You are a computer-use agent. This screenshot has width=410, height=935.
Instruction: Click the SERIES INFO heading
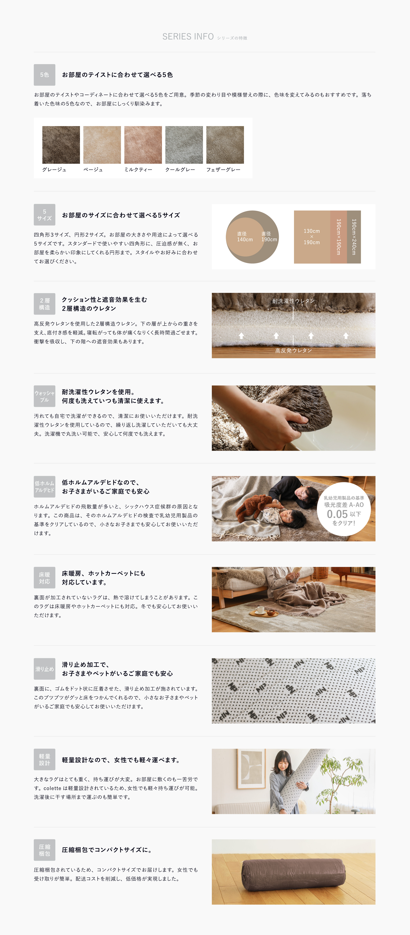(188, 37)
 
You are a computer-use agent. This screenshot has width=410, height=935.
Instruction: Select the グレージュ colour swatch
(61, 145)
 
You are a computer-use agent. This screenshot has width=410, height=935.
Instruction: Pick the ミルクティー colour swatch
(143, 145)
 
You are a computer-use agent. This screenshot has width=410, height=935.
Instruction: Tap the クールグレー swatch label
(180, 170)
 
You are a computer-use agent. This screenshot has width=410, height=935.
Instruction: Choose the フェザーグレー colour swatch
(225, 145)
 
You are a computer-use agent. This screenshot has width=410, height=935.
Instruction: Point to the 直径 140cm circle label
(245, 237)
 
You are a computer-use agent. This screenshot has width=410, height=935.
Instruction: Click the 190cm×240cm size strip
(354, 237)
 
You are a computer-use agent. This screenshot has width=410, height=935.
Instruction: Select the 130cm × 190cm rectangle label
(312, 237)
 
